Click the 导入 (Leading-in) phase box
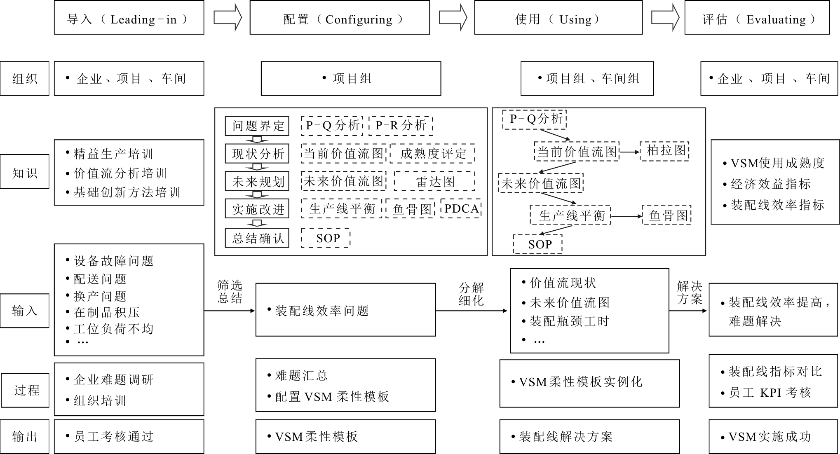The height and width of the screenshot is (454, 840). pos(129,17)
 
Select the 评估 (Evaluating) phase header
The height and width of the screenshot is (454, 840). pos(757,17)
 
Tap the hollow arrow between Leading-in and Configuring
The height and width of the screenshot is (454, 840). pos(228,17)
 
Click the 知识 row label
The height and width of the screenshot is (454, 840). pos(25,171)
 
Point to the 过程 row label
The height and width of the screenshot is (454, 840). pos(26,390)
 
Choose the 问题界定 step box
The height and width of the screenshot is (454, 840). pos(257,126)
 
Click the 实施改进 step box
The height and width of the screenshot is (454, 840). pos(257,209)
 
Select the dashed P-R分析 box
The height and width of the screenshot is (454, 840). pos(401,126)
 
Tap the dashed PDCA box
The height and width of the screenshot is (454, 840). pos(461,208)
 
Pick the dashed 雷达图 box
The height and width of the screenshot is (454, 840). pos(434,181)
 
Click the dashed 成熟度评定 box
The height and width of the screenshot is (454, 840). pos(433,154)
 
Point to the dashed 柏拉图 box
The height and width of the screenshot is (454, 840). pos(664,151)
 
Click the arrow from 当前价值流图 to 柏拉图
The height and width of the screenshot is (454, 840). pos(629,152)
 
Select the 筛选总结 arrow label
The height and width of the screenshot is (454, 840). pos(230,291)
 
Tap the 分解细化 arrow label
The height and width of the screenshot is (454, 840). pos(471,294)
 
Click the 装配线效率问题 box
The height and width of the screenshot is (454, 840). pos(345,310)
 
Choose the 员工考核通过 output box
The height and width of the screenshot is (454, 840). pos(129,437)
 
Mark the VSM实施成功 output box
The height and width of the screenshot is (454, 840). pos(773,437)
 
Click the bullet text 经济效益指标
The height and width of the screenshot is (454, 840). pos(770,184)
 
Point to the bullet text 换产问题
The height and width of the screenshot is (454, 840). pos(100,296)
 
